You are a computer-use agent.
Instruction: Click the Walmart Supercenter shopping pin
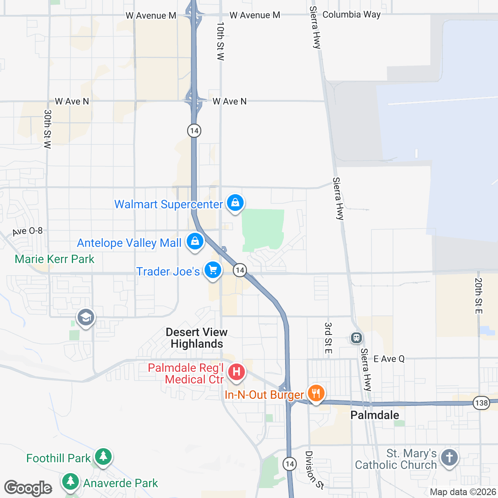235,203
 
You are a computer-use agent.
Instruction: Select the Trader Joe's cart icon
212,270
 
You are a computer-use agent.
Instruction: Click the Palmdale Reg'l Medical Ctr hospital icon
236,371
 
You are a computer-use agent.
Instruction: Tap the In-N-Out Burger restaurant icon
316,393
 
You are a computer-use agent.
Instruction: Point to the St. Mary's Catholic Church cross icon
449,458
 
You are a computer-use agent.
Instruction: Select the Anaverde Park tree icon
71,482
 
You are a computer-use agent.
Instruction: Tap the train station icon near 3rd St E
356,338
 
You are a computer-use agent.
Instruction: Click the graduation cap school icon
86,318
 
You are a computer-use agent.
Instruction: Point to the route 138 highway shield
481,403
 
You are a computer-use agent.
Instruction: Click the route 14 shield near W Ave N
194,131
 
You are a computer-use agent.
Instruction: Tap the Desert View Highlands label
197,338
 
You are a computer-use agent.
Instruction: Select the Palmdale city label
375,415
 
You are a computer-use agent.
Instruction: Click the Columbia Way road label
351,15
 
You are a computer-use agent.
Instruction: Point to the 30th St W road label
48,129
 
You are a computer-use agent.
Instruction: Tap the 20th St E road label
478,296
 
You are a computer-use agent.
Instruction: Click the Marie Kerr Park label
54,259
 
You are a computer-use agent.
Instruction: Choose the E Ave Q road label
389,359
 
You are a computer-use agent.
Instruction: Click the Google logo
28,488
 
